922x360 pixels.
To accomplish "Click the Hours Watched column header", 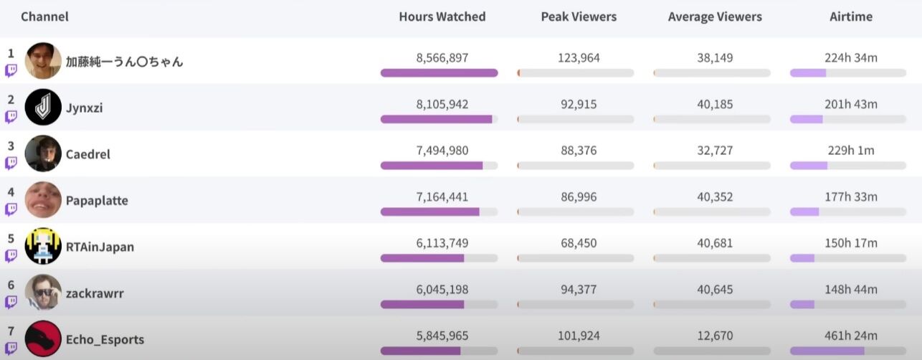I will pyautogui.click(x=442, y=16).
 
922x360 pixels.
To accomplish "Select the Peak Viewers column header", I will pyautogui.click(x=579, y=16).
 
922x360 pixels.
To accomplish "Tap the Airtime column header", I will pyautogui.click(x=850, y=16).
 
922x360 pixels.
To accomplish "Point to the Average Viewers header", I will pyautogui.click(x=715, y=16).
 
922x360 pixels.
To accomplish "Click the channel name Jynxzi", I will pyautogui.click(x=85, y=108).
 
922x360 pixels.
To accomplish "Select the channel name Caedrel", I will pyautogui.click(x=88, y=154).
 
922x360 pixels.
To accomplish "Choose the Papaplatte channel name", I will pyautogui.click(x=97, y=201).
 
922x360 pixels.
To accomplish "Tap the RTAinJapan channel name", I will pyautogui.click(x=100, y=247).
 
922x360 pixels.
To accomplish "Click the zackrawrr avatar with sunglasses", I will pyautogui.click(x=43, y=293).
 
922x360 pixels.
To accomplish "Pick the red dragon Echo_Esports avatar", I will pyautogui.click(x=43, y=338).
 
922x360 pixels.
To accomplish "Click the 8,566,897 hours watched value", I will pyautogui.click(x=442, y=58).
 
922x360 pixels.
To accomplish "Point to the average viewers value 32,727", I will pyautogui.click(x=715, y=151).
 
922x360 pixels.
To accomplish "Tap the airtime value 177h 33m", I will pyautogui.click(x=850, y=197).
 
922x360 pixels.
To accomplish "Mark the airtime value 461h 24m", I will pyautogui.click(x=850, y=336).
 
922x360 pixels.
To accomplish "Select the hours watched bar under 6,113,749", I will pyautogui.click(x=422, y=258).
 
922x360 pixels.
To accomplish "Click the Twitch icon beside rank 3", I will pyautogui.click(x=11, y=163).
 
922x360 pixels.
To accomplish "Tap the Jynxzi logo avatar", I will pyautogui.click(x=43, y=107).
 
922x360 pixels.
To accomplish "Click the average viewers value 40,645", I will pyautogui.click(x=715, y=290).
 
